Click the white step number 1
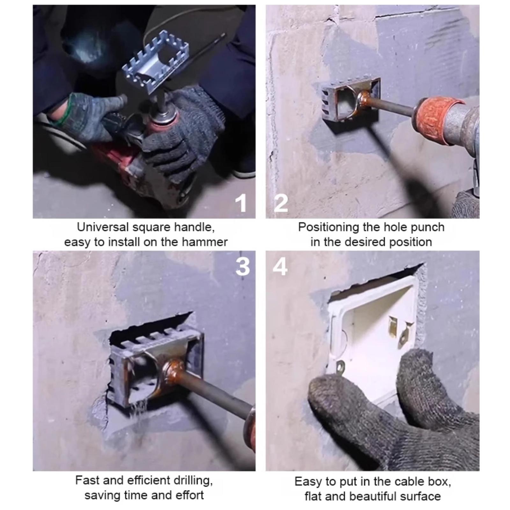(242, 203)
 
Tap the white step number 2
(281, 203)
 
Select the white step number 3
(243, 266)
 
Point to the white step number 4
(280, 266)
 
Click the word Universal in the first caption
(103, 227)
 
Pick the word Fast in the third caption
(87, 480)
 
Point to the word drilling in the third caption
(191, 480)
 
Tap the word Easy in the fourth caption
(308, 482)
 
